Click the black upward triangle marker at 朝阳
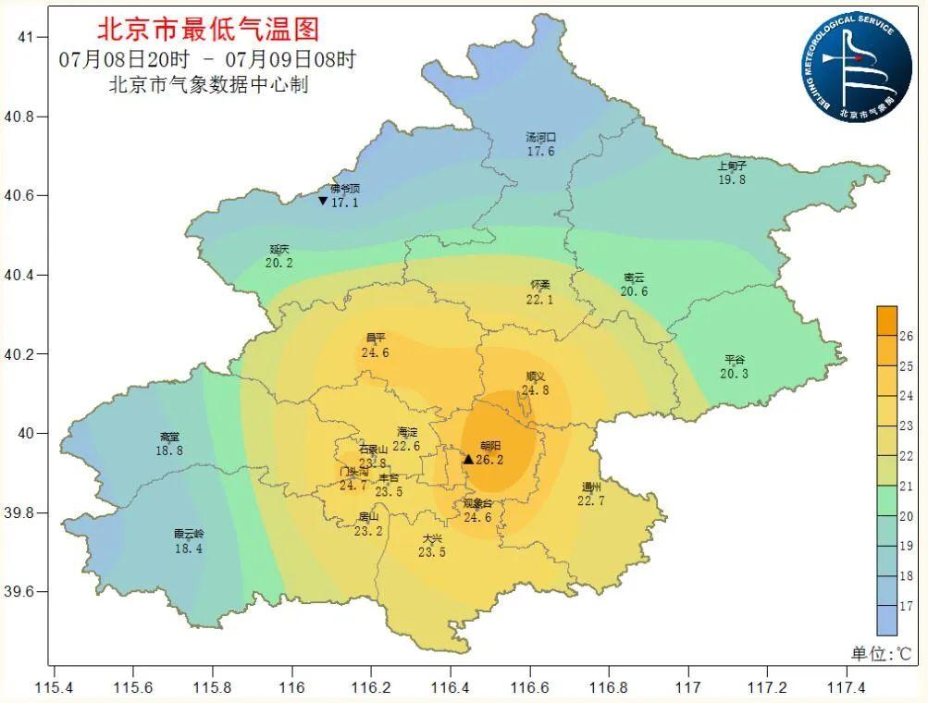(468, 459)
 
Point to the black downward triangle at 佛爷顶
(322, 201)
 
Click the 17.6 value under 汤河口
(540, 151)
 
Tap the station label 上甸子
(731, 166)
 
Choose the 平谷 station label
(735, 360)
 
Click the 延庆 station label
(279, 249)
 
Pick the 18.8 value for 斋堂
(169, 450)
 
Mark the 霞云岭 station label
(188, 534)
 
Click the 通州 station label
(591, 487)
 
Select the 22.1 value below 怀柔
(539, 299)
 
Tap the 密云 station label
(634, 277)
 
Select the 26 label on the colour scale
(906, 336)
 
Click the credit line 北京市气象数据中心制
(207, 85)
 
